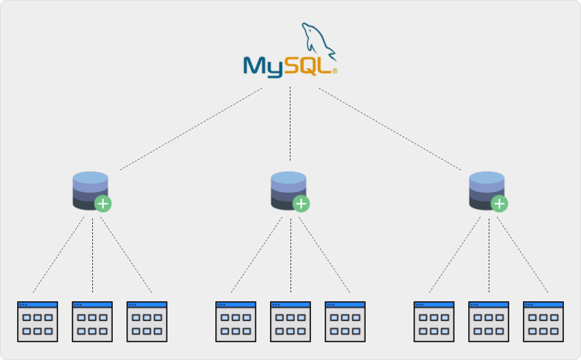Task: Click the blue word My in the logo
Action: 263,66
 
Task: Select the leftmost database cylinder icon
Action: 90,189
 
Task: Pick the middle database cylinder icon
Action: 288,189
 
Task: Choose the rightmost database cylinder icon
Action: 486,189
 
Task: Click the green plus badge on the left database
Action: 103,204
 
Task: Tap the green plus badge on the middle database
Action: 301,204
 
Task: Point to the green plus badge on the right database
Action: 500,204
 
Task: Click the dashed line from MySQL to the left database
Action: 191,128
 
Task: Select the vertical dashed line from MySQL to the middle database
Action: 290,123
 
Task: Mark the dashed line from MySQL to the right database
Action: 390,128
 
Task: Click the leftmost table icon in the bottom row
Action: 38,322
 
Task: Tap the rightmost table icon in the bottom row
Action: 543,322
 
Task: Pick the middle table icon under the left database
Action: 92,322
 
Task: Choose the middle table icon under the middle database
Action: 290,322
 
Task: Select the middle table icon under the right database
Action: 489,322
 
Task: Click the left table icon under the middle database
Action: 236,322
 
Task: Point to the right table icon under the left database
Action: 147,322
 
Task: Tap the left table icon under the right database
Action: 434,322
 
